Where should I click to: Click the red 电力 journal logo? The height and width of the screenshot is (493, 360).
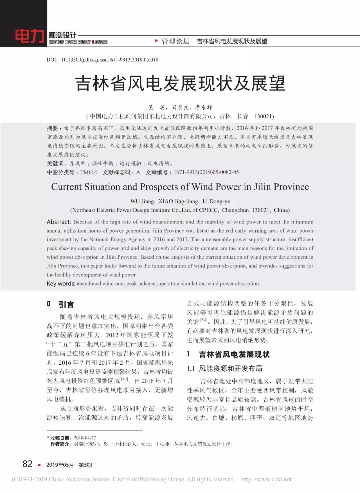(x=29, y=36)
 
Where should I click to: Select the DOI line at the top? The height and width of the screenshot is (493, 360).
(x=102, y=60)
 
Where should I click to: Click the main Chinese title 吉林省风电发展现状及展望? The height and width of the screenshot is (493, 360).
(x=180, y=83)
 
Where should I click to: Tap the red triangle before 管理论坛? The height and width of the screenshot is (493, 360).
(x=156, y=41)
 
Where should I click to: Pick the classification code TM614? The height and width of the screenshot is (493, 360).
(x=89, y=172)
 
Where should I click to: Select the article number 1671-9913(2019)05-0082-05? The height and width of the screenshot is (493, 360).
(x=206, y=172)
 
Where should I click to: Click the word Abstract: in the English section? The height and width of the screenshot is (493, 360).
(x=59, y=222)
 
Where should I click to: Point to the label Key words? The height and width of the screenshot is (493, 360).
(x=61, y=283)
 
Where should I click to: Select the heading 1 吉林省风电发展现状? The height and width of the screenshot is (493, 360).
(x=228, y=354)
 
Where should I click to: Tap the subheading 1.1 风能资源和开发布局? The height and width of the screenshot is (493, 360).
(x=225, y=369)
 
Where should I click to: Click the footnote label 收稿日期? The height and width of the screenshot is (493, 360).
(x=60, y=438)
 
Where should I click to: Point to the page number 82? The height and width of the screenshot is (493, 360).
(x=28, y=464)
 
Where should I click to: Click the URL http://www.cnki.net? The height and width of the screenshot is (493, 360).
(x=266, y=479)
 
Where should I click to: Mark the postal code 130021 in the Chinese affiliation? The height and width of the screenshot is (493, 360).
(x=264, y=116)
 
